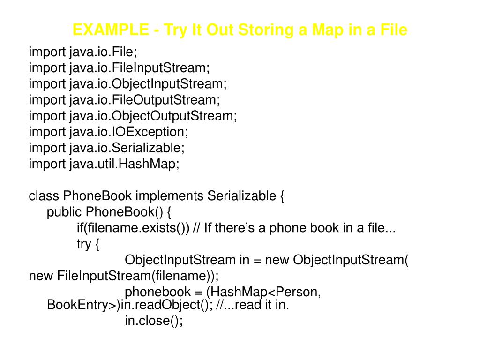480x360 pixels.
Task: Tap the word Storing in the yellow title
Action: [x=265, y=30]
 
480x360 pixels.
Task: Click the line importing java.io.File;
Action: [x=103, y=52]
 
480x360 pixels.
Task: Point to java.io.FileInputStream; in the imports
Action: [x=140, y=67]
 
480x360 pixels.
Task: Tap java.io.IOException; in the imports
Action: [x=128, y=132]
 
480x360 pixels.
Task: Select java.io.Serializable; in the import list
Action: [x=127, y=148]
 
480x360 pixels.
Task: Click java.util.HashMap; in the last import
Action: [x=124, y=164]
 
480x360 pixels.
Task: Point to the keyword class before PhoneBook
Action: [x=44, y=196]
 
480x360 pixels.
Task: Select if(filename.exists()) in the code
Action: [x=133, y=228]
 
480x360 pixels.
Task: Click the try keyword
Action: [x=84, y=244]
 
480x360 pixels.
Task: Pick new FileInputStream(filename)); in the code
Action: [x=124, y=276]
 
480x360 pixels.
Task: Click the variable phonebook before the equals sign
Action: [x=157, y=292]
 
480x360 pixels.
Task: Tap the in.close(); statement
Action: [x=153, y=321]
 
